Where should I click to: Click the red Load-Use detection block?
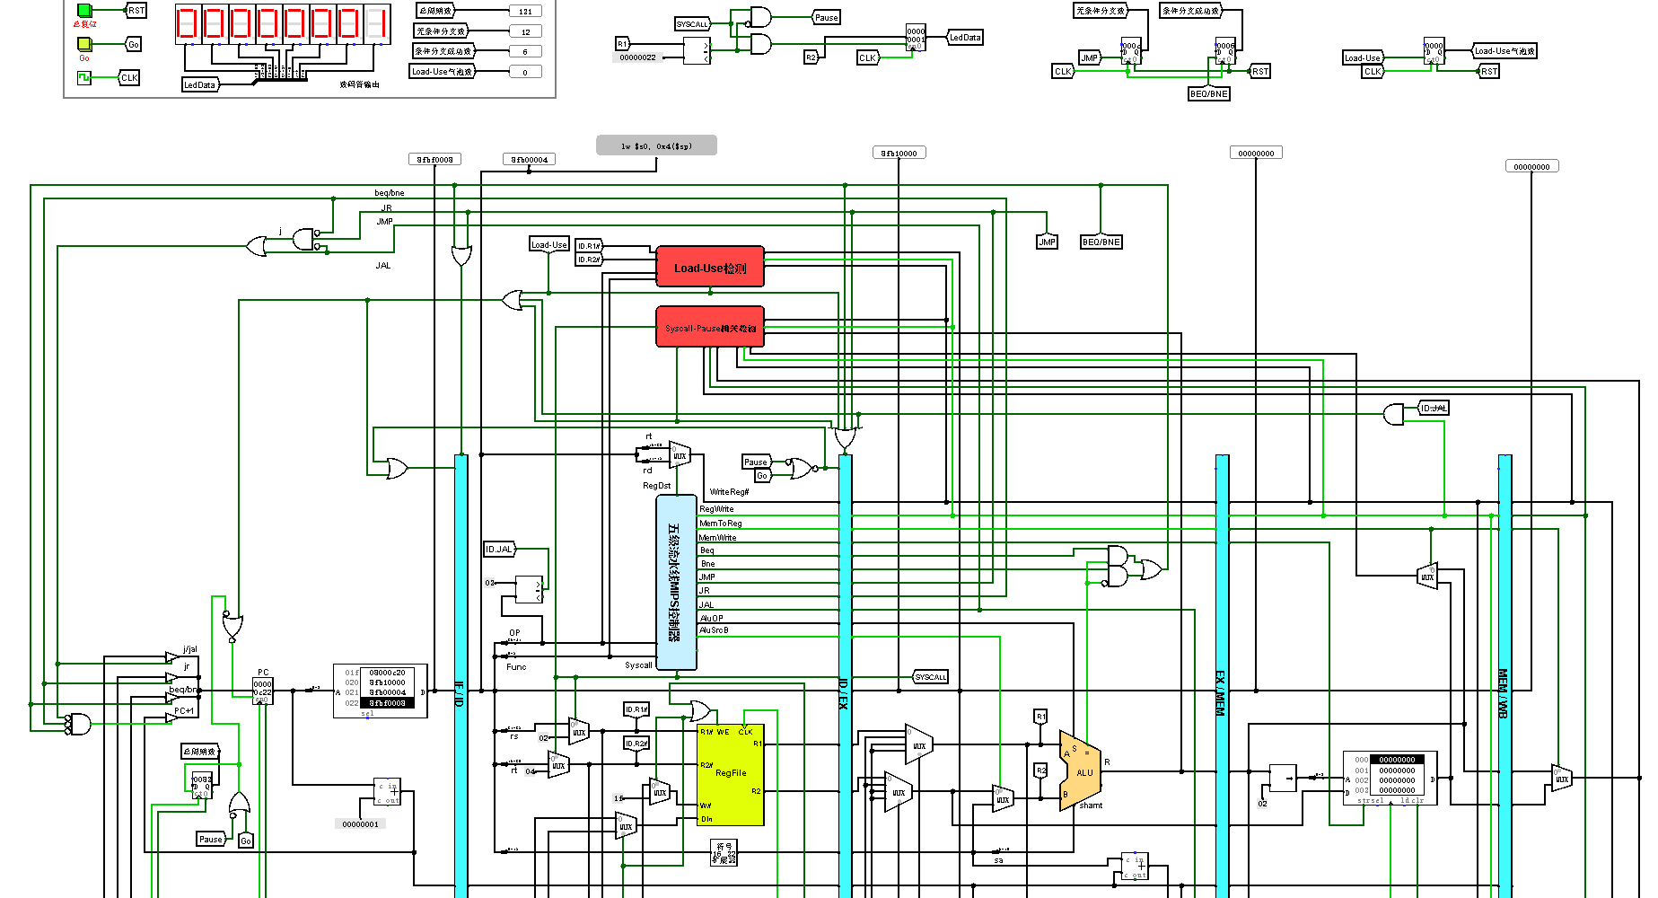[x=709, y=268]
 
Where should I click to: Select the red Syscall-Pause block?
[x=709, y=328]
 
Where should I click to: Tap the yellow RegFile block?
[x=730, y=774]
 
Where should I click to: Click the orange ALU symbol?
[x=1081, y=770]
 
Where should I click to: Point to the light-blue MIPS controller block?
[x=676, y=582]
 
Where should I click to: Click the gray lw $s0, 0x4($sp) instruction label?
[x=656, y=145]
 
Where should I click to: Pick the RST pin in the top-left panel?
[x=136, y=11]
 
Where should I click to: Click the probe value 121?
[x=525, y=12]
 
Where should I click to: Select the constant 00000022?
[x=637, y=57]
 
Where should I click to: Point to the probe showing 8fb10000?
[x=899, y=154]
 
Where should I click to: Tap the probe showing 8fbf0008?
[x=435, y=160]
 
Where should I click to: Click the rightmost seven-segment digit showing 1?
[x=379, y=23]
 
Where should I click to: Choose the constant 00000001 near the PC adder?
[x=360, y=824]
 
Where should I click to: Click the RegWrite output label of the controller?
[x=716, y=509]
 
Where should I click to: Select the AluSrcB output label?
[x=714, y=630]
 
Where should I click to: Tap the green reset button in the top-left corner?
[x=84, y=11]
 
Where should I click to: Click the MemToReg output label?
[x=720, y=524]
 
